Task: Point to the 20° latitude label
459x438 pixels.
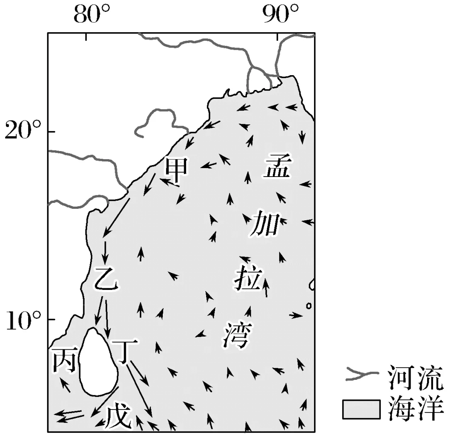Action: coord(23,130)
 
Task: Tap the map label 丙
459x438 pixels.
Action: coord(64,361)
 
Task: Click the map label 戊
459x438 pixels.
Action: coord(117,418)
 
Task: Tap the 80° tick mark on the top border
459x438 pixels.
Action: coord(87,37)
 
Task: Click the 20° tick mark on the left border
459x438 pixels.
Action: coord(51,132)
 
